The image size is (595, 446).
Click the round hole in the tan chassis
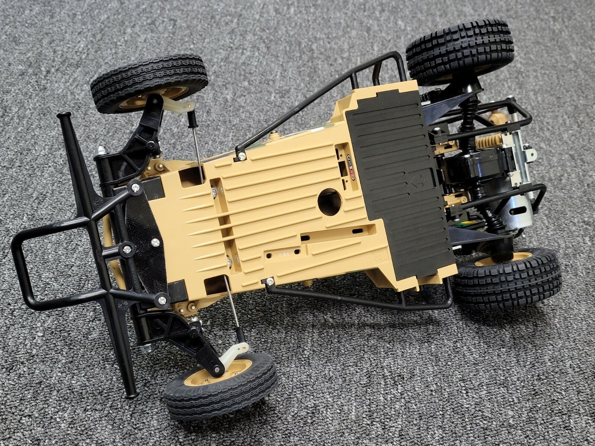[330, 202]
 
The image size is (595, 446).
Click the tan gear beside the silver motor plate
[488, 142]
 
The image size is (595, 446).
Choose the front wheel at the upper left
[149, 82]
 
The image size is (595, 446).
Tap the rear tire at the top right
[460, 50]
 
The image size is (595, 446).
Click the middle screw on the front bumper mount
[127, 249]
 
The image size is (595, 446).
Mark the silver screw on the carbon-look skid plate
[155, 242]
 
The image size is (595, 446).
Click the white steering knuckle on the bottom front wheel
[234, 353]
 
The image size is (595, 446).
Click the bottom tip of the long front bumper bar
[131, 395]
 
